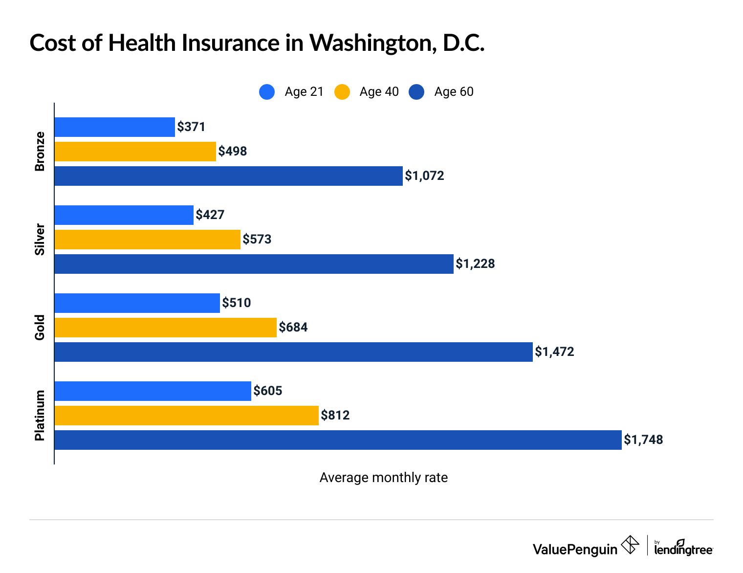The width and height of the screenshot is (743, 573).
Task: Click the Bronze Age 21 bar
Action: click(114, 127)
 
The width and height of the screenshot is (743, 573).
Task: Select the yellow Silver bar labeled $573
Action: click(147, 240)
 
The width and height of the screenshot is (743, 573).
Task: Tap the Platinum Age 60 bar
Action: click(338, 440)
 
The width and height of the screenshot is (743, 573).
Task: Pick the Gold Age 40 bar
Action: click(165, 328)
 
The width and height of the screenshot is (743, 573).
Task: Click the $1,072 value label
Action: click(424, 176)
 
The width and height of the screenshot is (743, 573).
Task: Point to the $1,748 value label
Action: click(643, 440)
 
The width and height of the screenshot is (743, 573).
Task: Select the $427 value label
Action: click(210, 215)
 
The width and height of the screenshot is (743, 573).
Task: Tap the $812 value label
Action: click(335, 416)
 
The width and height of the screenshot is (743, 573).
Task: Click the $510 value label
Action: click(236, 303)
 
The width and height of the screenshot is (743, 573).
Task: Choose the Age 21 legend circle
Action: click(267, 92)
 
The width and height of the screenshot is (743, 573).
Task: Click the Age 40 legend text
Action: click(379, 92)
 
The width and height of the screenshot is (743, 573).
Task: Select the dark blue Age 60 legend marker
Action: click(416, 92)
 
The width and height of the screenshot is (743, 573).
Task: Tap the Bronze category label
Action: click(40, 152)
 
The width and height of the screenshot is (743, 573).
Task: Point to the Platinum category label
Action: click(40, 416)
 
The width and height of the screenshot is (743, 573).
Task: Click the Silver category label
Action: click(40, 240)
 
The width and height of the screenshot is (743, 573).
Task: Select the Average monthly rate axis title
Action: click(383, 478)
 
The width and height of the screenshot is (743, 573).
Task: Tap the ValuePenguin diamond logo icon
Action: click(630, 545)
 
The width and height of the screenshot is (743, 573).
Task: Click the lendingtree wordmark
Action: click(683, 550)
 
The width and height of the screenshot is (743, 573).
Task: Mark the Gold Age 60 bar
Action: click(293, 352)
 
